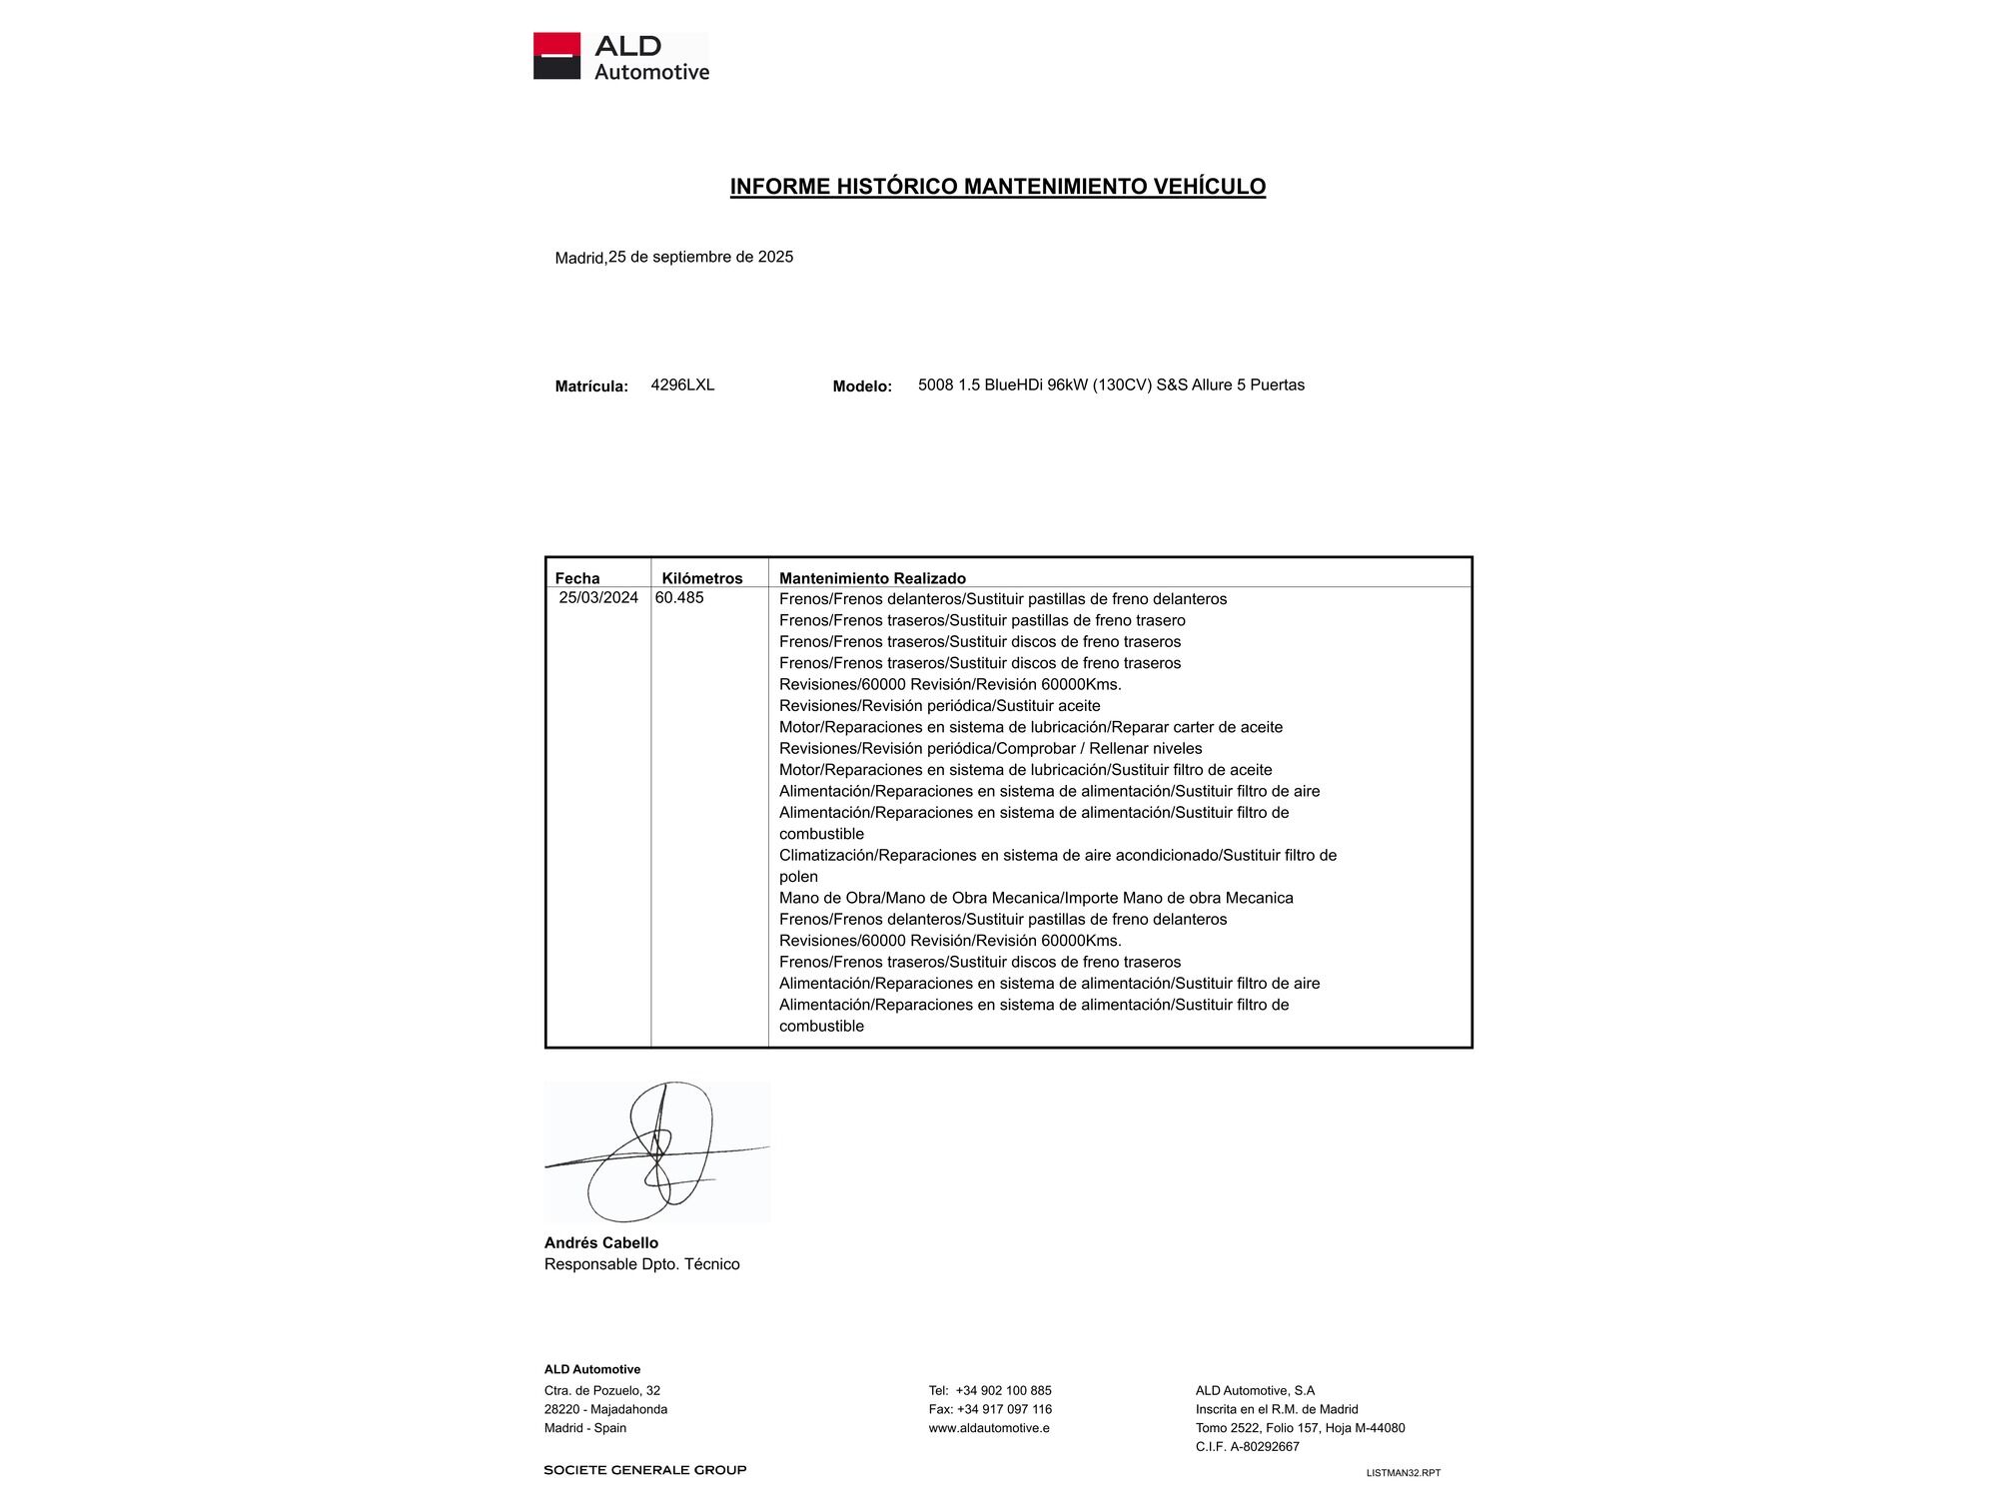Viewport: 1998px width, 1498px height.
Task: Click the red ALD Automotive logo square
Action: (556, 56)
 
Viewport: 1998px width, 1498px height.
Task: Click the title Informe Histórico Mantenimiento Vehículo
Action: (997, 187)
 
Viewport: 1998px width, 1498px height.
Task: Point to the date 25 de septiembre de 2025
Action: (700, 257)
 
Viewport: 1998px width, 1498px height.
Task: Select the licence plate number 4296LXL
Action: (682, 385)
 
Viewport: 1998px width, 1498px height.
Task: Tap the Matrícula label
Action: (591, 386)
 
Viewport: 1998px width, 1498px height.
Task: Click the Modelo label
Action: (862, 386)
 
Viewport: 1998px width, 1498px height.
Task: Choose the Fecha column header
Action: (577, 578)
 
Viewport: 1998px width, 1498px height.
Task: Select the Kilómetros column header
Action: (701, 578)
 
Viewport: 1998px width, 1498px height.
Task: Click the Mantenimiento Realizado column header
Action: (872, 578)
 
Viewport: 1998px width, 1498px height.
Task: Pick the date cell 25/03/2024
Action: (598, 598)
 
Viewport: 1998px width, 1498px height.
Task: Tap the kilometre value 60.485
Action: (679, 598)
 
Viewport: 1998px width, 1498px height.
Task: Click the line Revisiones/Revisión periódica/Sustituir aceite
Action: (939, 706)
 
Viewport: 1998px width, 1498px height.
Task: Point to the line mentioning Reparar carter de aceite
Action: (1030, 727)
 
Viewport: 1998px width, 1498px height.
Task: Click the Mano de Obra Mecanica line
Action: (1036, 898)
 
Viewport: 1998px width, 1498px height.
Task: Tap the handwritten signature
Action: (656, 1151)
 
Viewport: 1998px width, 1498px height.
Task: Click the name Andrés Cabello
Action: (600, 1243)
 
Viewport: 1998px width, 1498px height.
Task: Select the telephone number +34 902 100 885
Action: (1003, 1391)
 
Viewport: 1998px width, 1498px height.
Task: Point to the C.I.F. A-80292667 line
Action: (1247, 1447)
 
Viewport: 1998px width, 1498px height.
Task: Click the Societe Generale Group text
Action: (644, 1470)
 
